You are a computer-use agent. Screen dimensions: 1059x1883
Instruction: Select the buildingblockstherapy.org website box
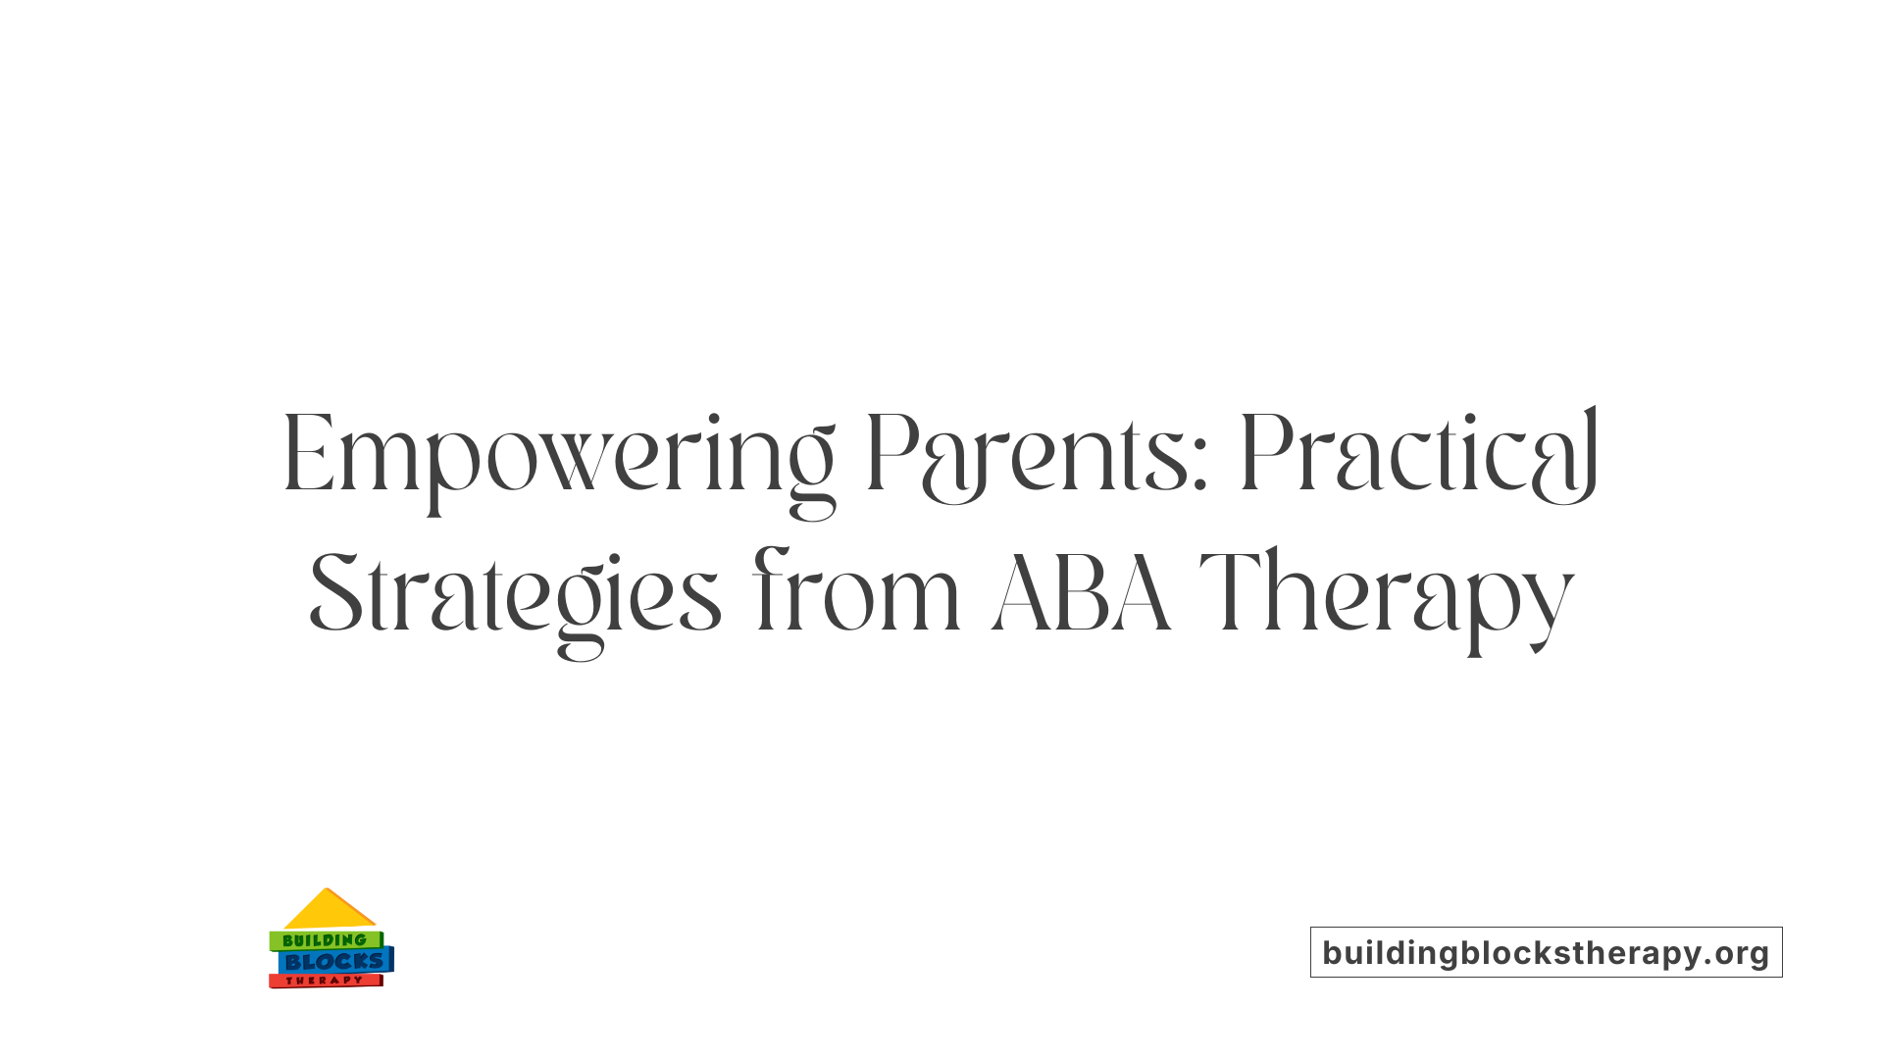click(1546, 952)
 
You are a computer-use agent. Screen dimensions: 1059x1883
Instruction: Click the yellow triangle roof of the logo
click(329, 910)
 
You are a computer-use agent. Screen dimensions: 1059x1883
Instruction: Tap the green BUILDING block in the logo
click(325, 940)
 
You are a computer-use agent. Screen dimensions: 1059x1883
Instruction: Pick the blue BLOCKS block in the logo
click(334, 962)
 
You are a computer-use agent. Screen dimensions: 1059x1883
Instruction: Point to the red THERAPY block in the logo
click(325, 981)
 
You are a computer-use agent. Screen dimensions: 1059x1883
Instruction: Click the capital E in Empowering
click(306, 455)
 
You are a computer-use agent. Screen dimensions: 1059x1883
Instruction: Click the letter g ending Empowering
click(812, 471)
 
